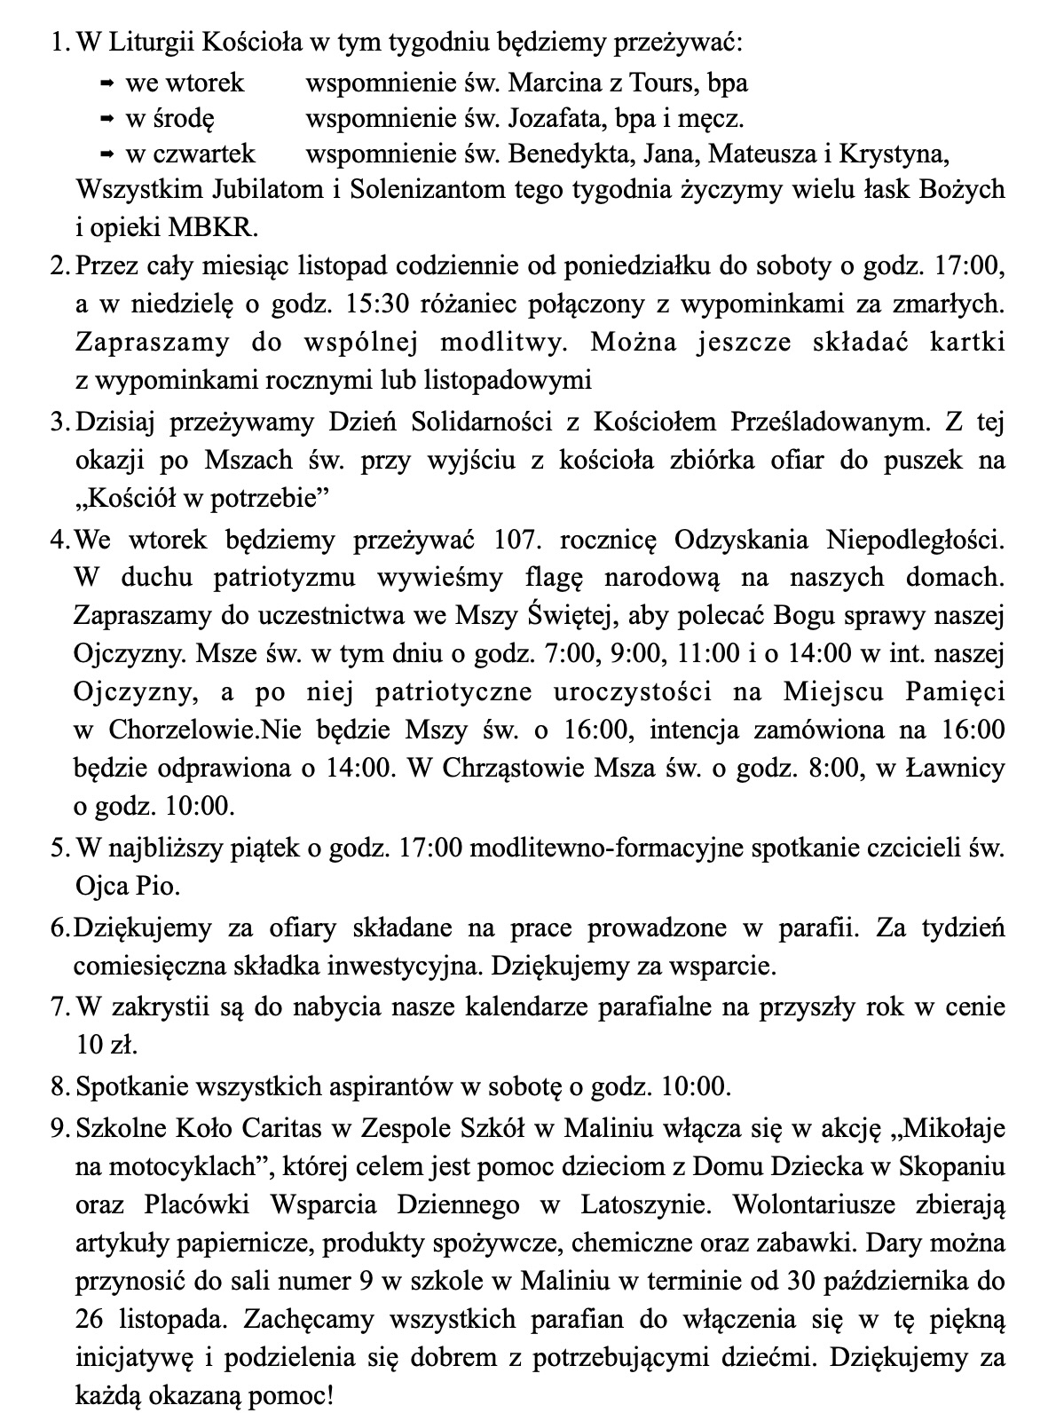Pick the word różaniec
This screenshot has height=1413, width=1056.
click(x=466, y=304)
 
